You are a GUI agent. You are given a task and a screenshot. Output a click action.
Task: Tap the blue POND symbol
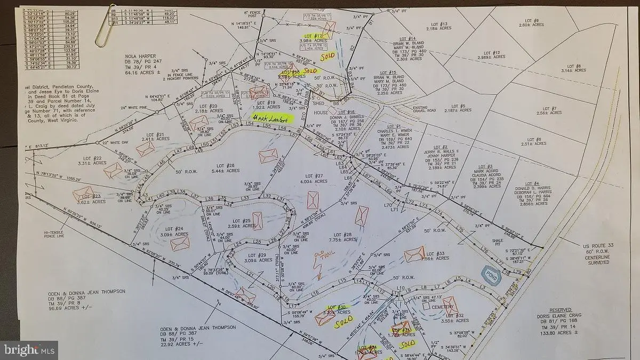click(490, 273)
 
